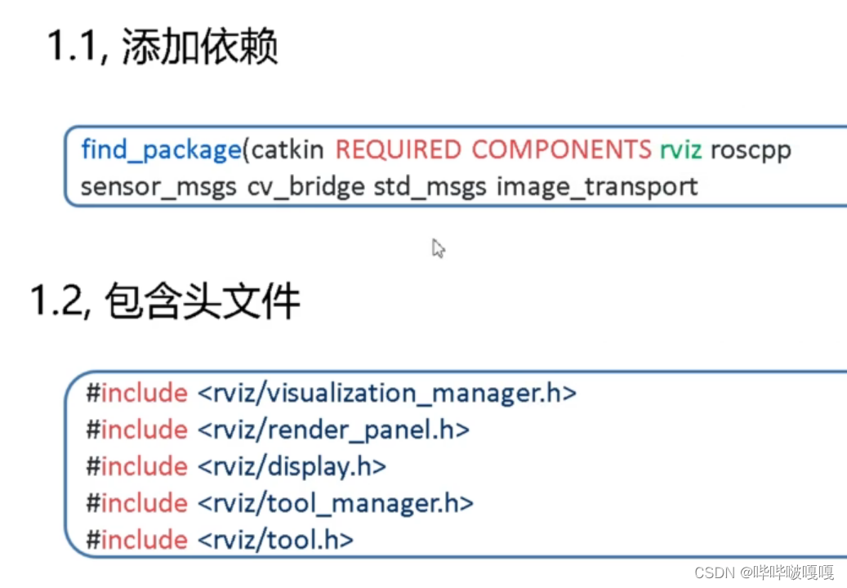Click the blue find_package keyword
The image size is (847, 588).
point(160,150)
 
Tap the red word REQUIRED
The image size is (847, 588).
point(399,150)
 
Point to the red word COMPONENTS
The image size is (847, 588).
point(562,150)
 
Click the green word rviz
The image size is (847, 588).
point(680,150)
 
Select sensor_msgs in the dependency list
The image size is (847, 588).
point(159,187)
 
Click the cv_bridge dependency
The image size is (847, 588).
point(306,187)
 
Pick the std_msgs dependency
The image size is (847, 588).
point(430,187)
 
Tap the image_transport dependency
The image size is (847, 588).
point(597,187)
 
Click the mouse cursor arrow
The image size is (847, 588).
point(438,248)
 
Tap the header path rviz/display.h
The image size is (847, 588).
point(292,466)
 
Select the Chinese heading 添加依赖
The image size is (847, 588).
point(199,47)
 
